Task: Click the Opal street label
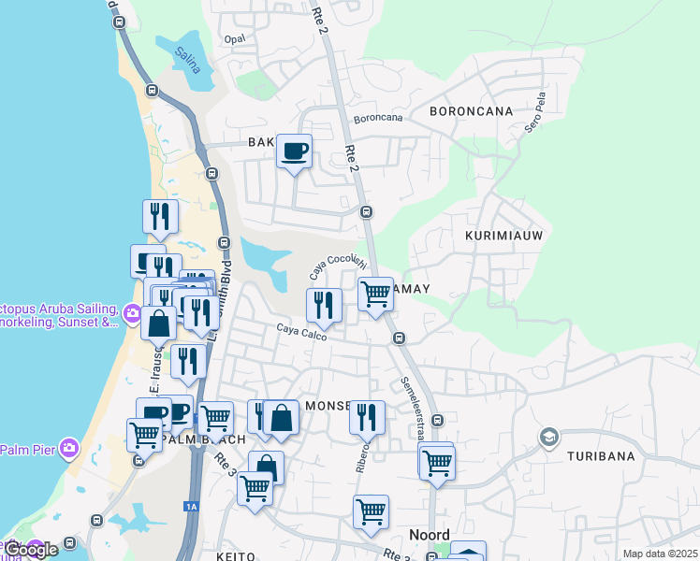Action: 234,39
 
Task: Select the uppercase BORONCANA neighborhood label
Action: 471,111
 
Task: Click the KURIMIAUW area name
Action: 503,237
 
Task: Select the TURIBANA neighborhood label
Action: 600,456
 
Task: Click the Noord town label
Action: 430,535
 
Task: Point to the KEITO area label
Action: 236,556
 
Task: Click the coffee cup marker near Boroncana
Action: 295,151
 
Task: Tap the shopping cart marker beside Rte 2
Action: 375,294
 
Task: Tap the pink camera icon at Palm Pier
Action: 68,449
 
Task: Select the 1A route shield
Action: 192,506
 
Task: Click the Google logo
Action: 30,550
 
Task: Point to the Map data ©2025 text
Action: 659,554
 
